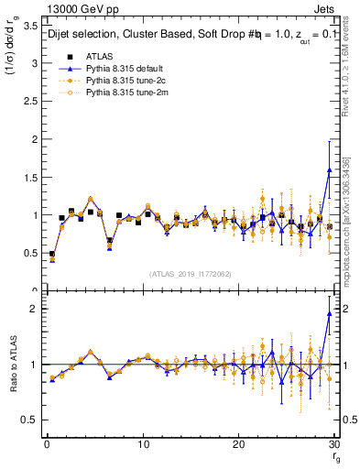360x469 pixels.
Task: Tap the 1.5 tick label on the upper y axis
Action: coord(28,178)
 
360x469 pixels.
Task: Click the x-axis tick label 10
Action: coord(142,444)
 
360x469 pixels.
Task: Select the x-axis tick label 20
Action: coord(238,444)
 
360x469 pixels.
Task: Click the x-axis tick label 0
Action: coord(46,444)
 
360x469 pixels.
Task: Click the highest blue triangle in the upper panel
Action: coord(329,170)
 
